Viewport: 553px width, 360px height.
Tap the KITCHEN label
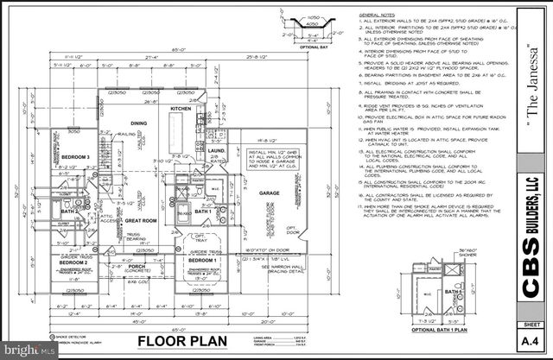pos(204,110)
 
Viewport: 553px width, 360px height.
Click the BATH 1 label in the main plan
pos(202,212)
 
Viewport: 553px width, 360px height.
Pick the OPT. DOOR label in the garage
pos(293,230)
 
